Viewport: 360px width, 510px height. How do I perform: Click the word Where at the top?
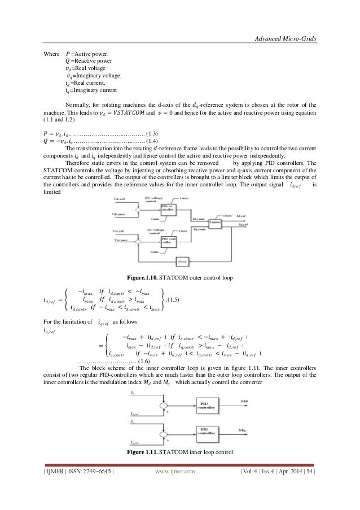(x=52, y=54)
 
